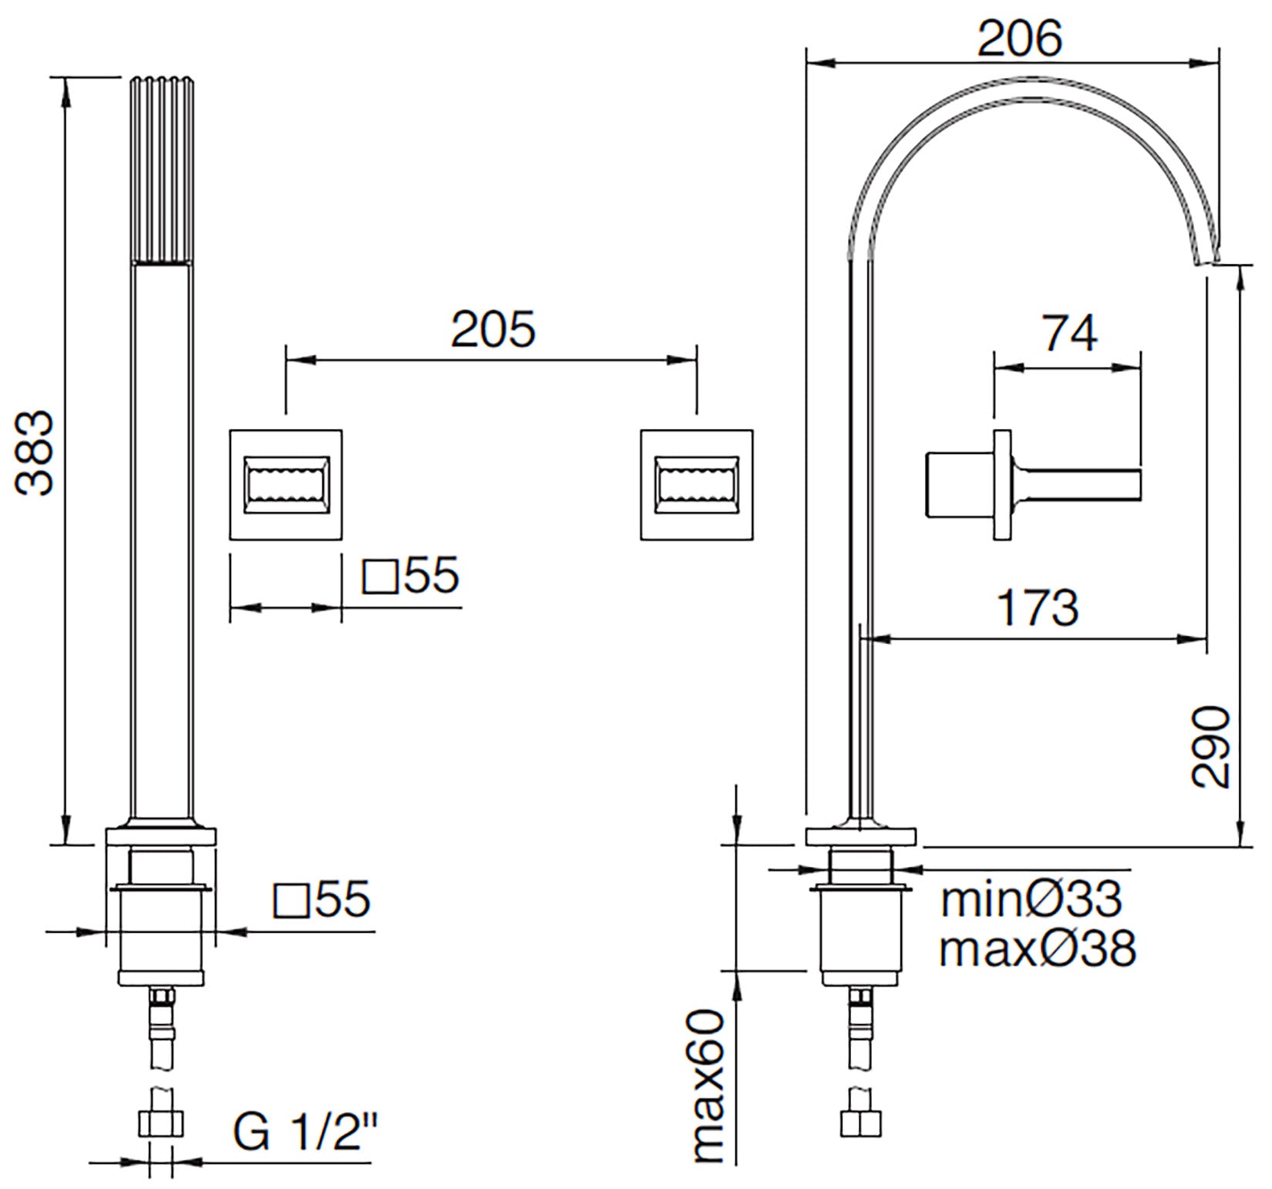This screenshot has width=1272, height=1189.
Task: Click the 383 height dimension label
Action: [x=35, y=452]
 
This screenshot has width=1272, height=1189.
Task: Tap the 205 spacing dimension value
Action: [x=493, y=330]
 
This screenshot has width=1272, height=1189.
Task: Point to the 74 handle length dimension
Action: [x=1069, y=334]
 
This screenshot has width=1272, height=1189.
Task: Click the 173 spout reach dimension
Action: [x=1038, y=607]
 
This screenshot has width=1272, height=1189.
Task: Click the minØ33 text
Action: [x=1031, y=899]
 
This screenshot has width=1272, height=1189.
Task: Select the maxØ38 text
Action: [x=1037, y=949]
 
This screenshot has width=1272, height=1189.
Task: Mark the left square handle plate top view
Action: [x=286, y=485]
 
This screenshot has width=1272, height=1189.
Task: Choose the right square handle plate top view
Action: [x=696, y=485]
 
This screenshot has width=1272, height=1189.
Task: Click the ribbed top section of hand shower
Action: [x=161, y=170]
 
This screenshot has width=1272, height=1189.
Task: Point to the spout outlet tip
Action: [x=1207, y=260]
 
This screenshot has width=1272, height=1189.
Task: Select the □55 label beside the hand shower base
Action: [x=322, y=899]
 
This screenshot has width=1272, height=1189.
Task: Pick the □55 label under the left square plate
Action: [x=411, y=576]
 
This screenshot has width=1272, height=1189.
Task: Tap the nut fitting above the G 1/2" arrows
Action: [x=161, y=1124]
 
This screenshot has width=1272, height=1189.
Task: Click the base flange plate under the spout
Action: [x=860, y=836]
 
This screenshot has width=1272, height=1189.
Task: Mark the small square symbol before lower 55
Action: [x=291, y=901]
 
